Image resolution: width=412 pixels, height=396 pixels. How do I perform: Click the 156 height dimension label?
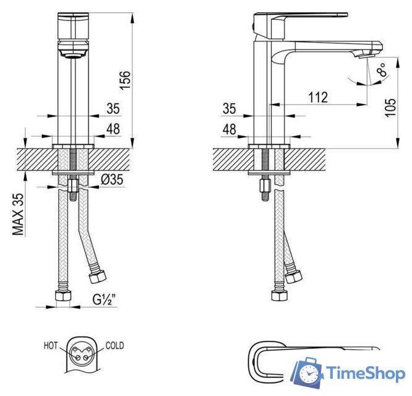click(126, 80)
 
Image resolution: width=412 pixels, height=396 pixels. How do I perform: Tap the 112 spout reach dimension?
click(318, 97)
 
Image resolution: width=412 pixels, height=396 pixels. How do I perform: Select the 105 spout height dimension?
click(390, 108)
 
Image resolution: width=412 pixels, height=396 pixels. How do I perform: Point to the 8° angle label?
click(382, 69)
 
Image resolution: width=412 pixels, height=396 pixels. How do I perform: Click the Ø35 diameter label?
click(112, 179)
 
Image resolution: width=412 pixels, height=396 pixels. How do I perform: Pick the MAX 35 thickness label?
click(19, 215)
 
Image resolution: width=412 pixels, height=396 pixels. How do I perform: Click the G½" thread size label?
click(105, 299)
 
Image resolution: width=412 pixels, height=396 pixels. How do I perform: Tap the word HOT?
click(51, 345)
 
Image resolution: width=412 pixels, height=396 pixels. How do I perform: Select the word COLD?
click(114, 345)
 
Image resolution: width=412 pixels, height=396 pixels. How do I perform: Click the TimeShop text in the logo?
click(366, 373)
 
